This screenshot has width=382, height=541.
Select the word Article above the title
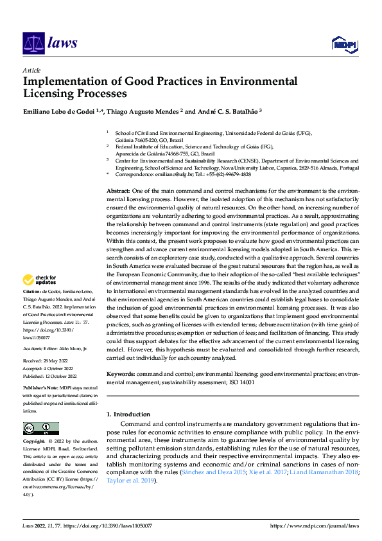point(31,70)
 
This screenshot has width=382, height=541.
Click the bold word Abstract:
point(117,191)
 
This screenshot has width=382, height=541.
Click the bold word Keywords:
point(120,374)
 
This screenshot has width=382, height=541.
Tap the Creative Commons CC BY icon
point(41,428)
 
